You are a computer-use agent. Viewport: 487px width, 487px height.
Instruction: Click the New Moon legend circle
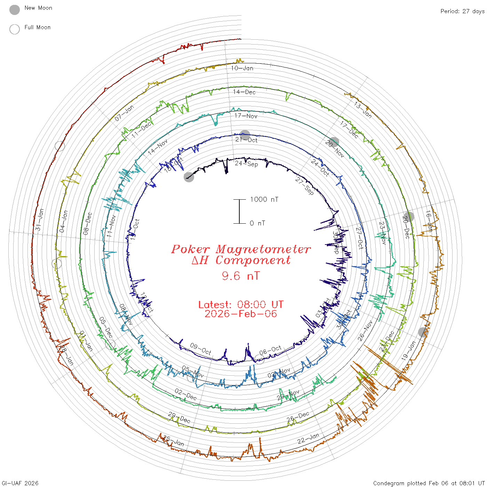(15, 10)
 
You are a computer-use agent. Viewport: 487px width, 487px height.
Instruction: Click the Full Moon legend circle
(15, 29)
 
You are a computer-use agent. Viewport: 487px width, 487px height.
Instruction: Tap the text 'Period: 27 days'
(462, 11)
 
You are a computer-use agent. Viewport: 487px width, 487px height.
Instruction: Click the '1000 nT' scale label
(264, 199)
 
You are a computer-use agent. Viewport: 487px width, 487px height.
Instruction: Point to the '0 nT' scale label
(257, 223)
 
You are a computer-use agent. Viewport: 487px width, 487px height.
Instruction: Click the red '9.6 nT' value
(241, 276)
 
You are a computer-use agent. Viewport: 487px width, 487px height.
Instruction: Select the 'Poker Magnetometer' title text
(241, 249)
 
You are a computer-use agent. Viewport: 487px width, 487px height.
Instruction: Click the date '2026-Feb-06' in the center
(241, 314)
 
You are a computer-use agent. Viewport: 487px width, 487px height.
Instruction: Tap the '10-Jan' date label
(242, 68)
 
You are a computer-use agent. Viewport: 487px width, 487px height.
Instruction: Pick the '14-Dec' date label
(244, 92)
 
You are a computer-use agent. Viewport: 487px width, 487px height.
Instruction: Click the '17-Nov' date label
(246, 115)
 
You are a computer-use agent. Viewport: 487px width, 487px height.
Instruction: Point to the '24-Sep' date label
(246, 163)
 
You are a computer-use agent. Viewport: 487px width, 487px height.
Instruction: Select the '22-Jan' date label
(308, 439)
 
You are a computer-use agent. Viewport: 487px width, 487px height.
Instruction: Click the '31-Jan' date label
(40, 219)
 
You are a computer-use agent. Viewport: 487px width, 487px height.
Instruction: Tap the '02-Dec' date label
(186, 394)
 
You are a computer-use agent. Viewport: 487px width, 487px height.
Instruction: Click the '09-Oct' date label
(201, 349)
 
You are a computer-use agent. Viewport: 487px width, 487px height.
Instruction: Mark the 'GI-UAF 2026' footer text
(20, 483)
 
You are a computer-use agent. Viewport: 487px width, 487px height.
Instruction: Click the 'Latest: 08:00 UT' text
(241, 305)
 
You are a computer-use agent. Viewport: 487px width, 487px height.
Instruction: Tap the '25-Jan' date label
(174, 441)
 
